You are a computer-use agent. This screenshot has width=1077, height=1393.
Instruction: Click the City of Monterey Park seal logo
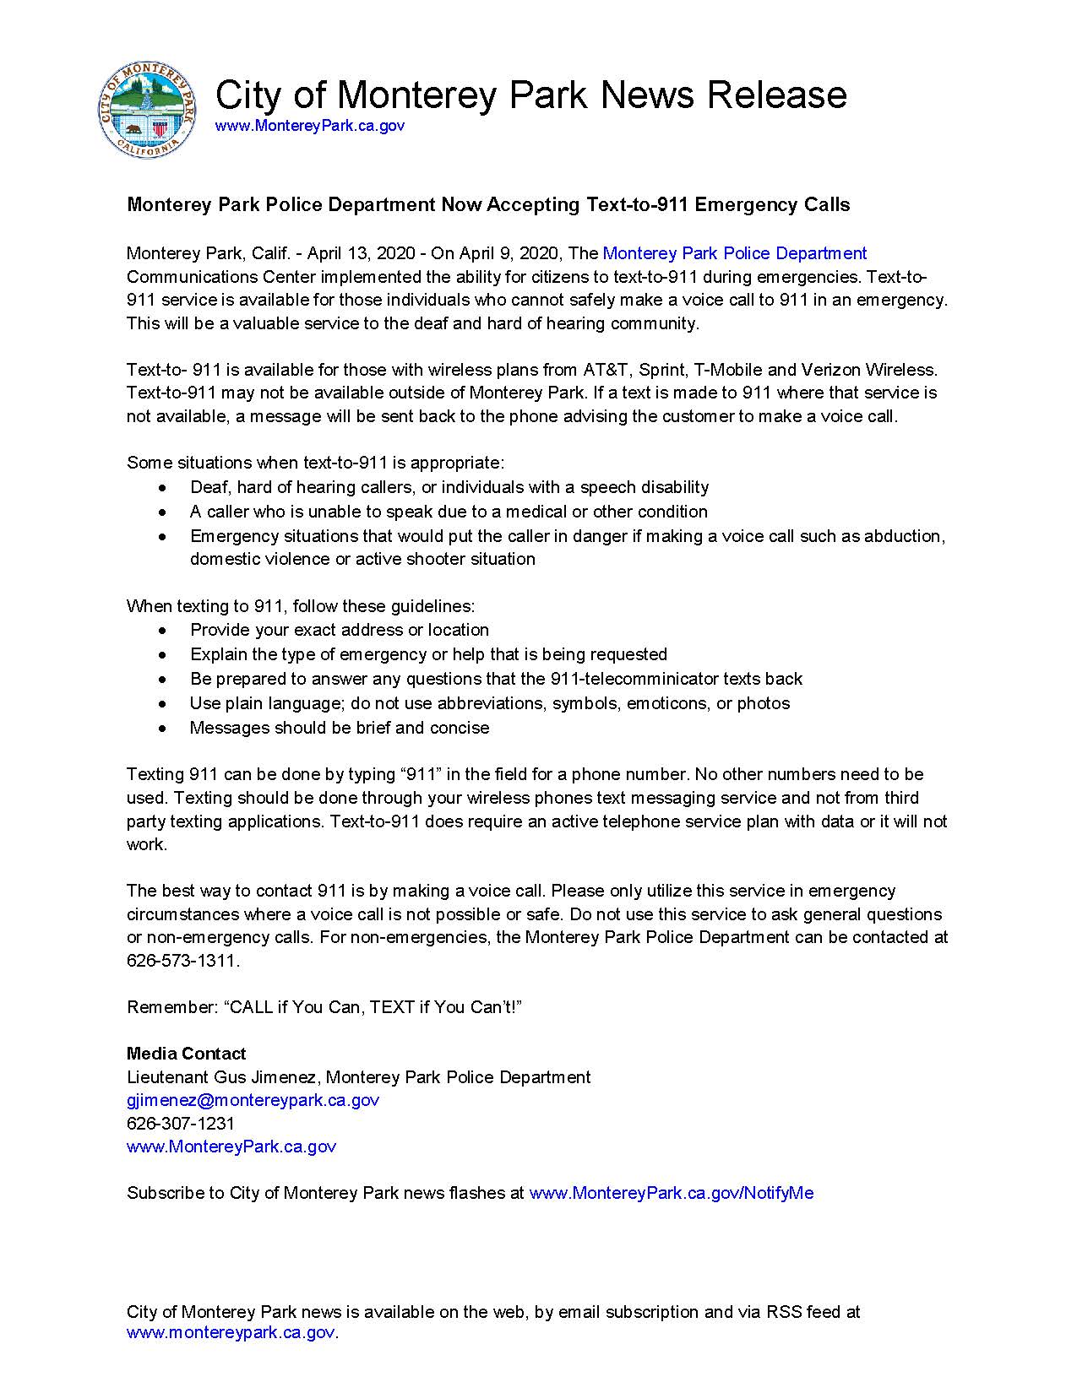click(149, 110)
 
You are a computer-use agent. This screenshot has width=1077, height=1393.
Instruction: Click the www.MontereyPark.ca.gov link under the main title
click(309, 126)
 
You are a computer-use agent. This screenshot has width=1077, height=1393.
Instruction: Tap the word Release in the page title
click(776, 95)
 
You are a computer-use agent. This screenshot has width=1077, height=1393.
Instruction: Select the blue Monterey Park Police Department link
click(734, 253)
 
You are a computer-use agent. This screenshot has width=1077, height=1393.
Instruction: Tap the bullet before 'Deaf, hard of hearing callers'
click(163, 488)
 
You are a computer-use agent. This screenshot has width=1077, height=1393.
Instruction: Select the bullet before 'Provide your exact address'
click(163, 631)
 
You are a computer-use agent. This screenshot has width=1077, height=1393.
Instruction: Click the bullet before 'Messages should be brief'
click(163, 729)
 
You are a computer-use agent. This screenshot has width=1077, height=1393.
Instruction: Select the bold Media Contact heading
click(186, 1054)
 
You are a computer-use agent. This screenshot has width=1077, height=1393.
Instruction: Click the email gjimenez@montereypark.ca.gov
click(253, 1100)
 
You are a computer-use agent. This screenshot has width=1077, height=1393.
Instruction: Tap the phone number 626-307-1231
click(180, 1124)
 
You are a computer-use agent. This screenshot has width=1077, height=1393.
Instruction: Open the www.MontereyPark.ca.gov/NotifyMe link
click(671, 1193)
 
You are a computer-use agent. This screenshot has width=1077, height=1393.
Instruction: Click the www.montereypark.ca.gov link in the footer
click(231, 1333)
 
